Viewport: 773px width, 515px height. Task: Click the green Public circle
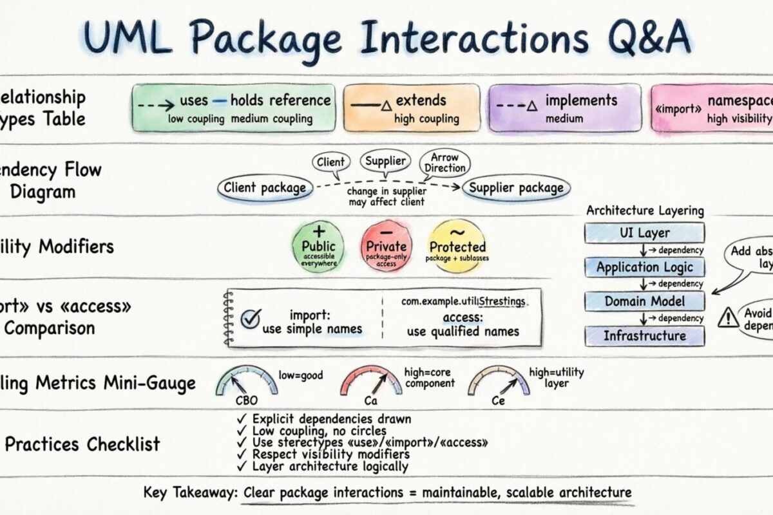point(318,246)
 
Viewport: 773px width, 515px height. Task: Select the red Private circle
point(386,246)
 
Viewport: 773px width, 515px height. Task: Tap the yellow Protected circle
point(457,246)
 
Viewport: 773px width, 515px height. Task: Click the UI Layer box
point(644,233)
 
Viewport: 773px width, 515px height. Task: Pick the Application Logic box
point(644,267)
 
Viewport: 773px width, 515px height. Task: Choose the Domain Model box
point(644,301)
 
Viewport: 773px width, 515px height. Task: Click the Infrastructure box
point(644,335)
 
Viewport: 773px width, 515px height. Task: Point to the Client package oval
point(265,188)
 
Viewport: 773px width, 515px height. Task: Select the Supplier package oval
point(516,188)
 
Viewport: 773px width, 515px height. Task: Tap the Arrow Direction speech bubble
point(444,162)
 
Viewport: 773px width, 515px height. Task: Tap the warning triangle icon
point(729,317)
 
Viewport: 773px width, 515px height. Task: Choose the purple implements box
point(564,108)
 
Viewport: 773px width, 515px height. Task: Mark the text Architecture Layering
point(645,211)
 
